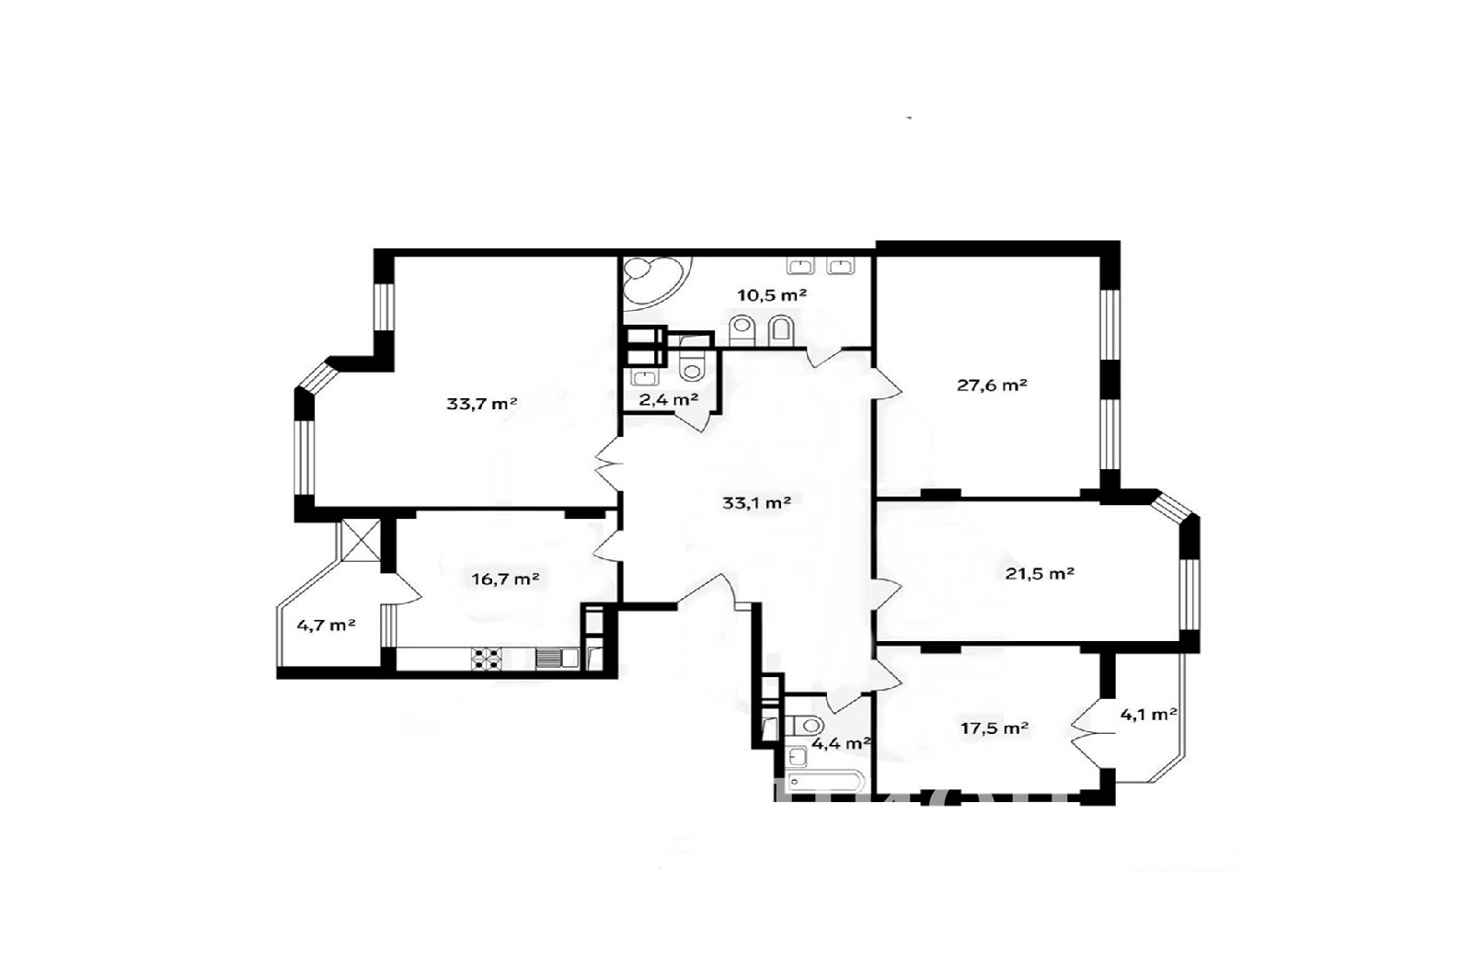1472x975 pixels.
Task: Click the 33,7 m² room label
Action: [482, 404]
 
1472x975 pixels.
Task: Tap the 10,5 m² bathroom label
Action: [772, 295]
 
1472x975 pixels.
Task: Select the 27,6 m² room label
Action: [992, 385]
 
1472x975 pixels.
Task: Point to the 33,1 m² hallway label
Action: [756, 503]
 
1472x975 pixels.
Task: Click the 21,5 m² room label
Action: [1040, 574]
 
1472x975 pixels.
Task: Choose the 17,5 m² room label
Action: [995, 728]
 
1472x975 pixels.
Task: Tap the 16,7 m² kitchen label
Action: [505, 579]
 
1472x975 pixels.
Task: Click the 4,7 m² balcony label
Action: [326, 625]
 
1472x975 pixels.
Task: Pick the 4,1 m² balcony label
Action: [1148, 714]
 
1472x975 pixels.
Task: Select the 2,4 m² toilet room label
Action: [668, 399]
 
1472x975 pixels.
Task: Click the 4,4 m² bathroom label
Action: [841, 744]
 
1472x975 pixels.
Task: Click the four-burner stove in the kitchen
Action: [487, 659]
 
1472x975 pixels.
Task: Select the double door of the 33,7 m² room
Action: [609, 465]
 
